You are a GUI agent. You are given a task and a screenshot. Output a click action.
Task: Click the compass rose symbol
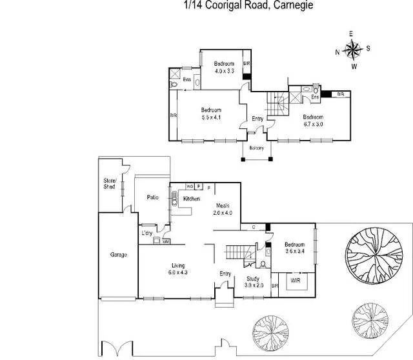[352, 49]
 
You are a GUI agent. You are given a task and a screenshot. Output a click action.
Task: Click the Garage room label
[118, 255]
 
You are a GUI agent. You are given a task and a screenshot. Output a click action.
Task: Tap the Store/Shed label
[109, 183]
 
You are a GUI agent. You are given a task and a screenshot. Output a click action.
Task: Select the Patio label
[153, 197]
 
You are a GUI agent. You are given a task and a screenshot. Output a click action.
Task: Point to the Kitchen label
[192, 199]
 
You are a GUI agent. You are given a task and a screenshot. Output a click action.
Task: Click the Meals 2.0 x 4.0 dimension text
[222, 213]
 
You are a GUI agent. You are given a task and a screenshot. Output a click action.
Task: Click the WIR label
[296, 281]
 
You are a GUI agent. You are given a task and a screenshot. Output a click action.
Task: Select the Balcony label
[257, 148]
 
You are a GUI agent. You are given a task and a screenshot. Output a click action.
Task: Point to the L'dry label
[146, 233]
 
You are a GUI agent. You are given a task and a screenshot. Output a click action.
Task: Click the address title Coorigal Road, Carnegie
[241, 5]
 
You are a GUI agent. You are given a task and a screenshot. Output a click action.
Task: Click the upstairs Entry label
[257, 119]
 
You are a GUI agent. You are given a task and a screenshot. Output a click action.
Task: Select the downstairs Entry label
[225, 274]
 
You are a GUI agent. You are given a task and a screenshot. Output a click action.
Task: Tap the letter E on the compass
[352, 33]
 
